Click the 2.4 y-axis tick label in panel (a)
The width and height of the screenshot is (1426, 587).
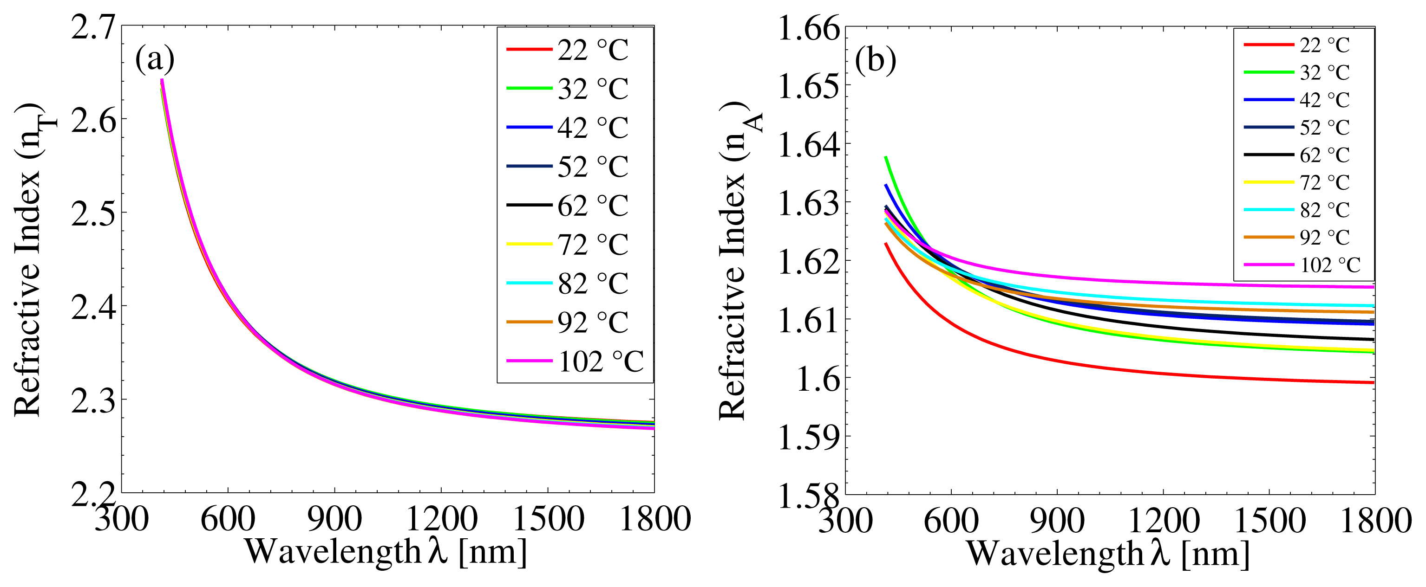point(93,307)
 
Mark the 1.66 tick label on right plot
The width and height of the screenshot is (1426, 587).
point(809,29)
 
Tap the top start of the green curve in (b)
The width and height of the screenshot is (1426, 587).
point(886,158)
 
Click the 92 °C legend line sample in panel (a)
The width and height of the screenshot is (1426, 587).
point(529,322)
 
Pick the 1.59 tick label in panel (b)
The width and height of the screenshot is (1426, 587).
point(809,438)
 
